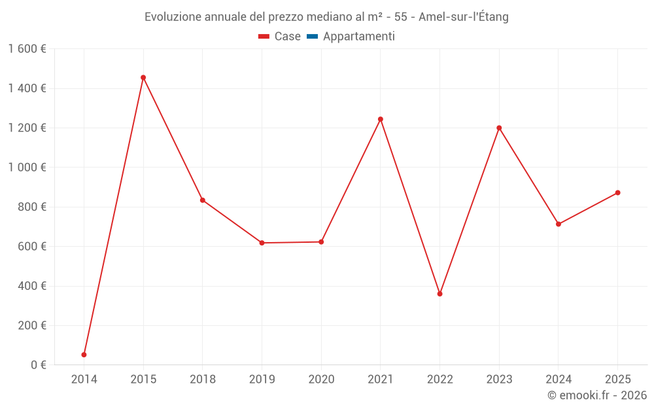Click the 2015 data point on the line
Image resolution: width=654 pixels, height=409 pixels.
click(x=143, y=77)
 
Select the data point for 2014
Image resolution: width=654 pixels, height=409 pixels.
click(x=84, y=355)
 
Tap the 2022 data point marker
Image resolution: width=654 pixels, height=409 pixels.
click(x=439, y=294)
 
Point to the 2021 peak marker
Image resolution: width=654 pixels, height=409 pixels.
click(x=381, y=119)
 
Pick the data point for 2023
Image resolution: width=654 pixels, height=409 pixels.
click(x=499, y=128)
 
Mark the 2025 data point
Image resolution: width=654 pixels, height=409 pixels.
click(x=617, y=192)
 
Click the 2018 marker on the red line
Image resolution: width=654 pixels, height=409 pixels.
click(x=203, y=200)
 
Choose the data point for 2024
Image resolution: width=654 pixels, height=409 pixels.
click(x=559, y=224)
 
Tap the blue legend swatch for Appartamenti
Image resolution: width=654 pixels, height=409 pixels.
click(x=312, y=37)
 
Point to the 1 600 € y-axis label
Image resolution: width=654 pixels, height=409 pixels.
click(x=27, y=49)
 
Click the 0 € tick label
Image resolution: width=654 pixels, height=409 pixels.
click(x=37, y=365)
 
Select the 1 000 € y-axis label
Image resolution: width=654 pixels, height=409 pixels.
click(x=27, y=168)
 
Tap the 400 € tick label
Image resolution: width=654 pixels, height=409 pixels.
click(x=31, y=286)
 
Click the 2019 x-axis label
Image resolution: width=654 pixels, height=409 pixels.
click(x=262, y=379)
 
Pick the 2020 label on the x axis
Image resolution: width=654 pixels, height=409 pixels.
click(x=321, y=379)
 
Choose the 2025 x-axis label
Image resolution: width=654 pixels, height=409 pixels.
click(x=617, y=379)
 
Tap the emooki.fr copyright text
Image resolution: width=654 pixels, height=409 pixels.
click(x=597, y=395)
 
